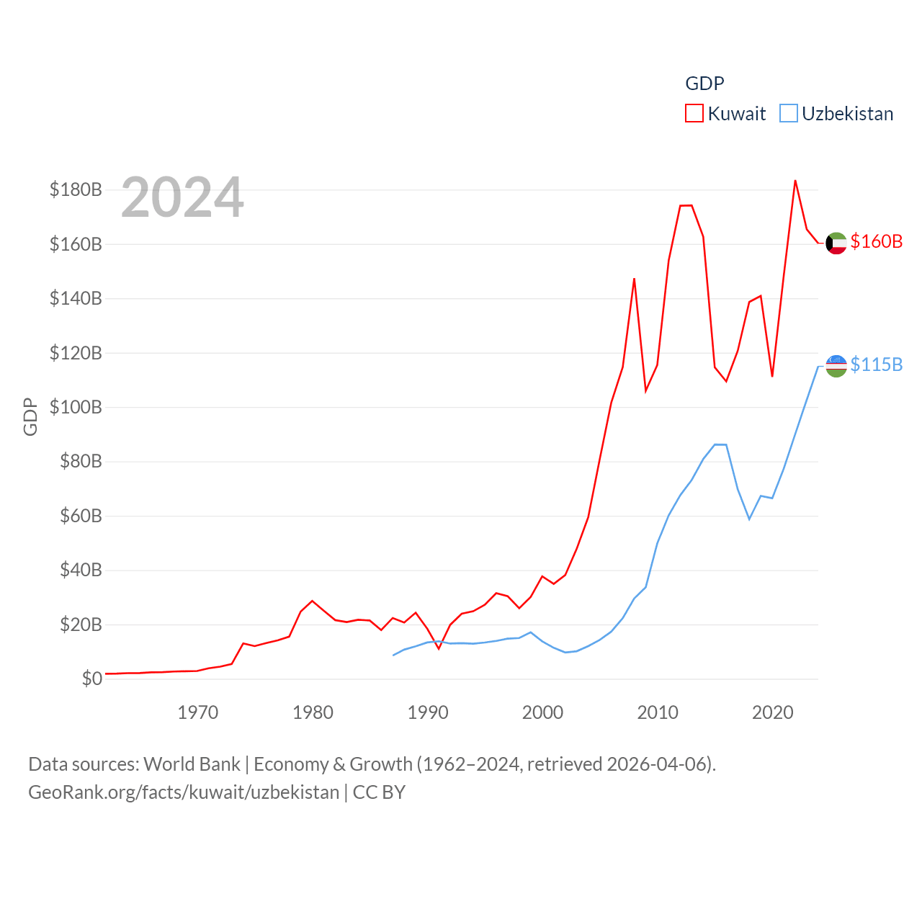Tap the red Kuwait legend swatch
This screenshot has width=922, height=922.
[694, 113]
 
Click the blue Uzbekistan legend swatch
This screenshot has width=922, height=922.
[789, 113]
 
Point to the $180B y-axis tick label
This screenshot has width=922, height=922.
[76, 189]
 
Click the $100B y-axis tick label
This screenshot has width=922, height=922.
[76, 407]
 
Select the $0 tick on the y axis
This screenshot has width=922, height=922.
[91, 679]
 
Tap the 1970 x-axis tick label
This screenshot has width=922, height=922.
[197, 712]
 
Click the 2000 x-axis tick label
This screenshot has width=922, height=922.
[542, 712]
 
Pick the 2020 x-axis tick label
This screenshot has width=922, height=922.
[772, 712]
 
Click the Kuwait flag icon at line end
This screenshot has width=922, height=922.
[836, 243]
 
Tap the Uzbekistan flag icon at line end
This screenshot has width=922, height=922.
[836, 366]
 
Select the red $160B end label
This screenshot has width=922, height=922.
[876, 241]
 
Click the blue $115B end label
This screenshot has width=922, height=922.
[876, 364]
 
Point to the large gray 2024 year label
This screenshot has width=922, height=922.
[182, 197]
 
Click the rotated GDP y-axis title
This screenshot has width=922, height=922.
[30, 416]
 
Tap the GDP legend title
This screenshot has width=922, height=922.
[704, 84]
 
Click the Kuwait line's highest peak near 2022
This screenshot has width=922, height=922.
[795, 181]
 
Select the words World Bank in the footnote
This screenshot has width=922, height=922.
[192, 764]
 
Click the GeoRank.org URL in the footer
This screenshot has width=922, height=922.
[184, 792]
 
